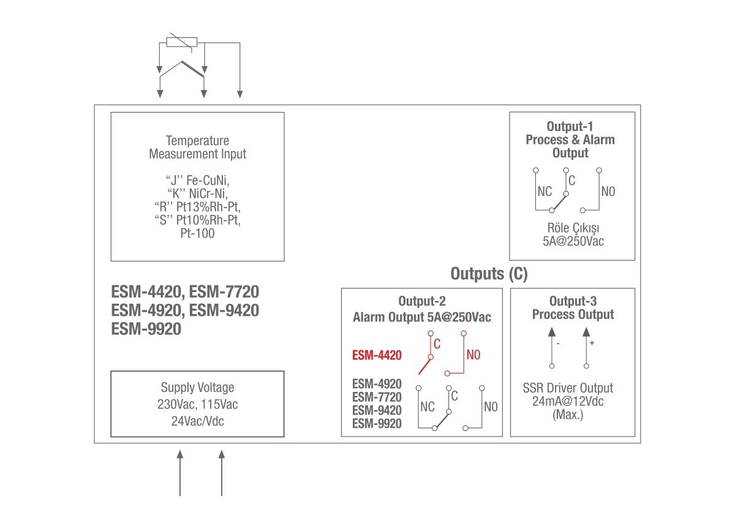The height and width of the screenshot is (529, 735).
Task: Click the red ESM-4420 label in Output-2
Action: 377,355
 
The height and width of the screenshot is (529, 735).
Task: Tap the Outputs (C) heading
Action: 489,274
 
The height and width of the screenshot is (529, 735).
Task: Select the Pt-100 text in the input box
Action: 197,233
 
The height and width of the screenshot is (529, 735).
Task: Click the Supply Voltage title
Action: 197,388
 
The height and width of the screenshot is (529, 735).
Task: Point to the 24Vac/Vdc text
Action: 197,421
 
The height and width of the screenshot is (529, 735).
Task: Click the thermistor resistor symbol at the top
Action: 182,42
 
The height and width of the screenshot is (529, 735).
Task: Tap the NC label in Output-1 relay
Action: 545,192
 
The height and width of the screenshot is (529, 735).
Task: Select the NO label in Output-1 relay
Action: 608,192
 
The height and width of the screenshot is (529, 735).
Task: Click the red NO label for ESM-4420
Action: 473,355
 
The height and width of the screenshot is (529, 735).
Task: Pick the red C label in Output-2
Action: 437,343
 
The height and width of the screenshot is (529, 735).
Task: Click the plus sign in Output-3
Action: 592,343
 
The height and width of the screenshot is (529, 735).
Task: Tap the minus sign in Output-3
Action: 558,343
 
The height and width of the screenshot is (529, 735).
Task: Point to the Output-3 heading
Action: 573,301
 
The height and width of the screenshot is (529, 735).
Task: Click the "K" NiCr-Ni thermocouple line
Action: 197,193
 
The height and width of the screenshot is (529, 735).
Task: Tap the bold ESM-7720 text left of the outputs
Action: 224,291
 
